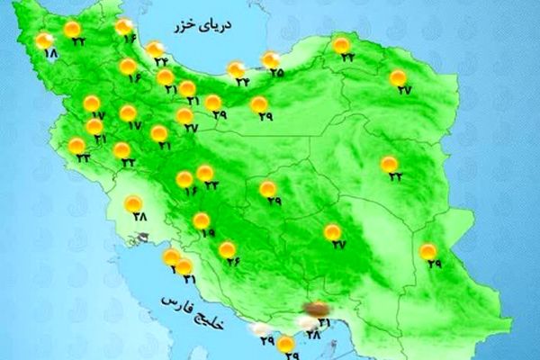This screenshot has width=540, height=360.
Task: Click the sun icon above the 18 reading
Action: point(44,40)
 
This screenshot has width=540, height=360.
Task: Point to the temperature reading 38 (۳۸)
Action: point(139,216)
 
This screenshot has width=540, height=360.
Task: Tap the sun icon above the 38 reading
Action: point(133,202)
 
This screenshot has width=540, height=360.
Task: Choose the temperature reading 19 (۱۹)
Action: point(208,233)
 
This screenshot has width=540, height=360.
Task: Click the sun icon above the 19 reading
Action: point(202,220)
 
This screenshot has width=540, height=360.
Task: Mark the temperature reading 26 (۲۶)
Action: point(233,261)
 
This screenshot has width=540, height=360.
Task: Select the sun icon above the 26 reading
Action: point(227,248)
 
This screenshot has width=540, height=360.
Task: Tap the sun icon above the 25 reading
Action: point(270,60)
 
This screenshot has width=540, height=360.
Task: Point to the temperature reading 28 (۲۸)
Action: point(313,336)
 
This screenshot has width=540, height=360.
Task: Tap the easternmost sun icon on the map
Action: point(428,250)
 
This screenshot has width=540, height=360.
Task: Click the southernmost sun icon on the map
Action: point(285,343)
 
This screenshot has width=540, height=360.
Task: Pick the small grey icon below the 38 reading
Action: point(141,238)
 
